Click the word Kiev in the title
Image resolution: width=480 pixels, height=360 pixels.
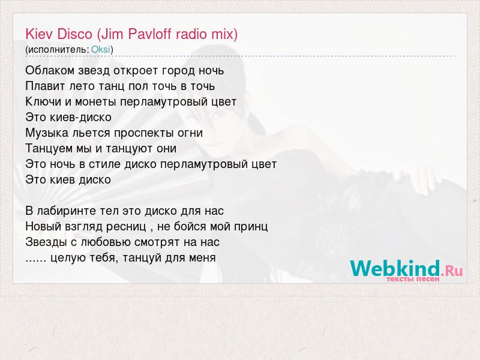coord(38,34)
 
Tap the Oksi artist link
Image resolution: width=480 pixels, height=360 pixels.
coord(101,49)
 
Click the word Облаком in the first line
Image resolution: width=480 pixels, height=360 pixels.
coord(50,70)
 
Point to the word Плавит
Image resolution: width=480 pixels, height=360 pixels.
coord(46,86)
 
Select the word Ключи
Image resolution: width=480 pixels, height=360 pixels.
coord(43,101)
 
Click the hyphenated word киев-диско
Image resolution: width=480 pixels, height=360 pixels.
coord(81,117)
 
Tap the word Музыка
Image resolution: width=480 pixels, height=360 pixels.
coord(47,133)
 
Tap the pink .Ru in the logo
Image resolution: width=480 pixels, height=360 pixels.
coord(452,271)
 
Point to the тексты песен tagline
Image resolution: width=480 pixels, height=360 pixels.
coord(413,279)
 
